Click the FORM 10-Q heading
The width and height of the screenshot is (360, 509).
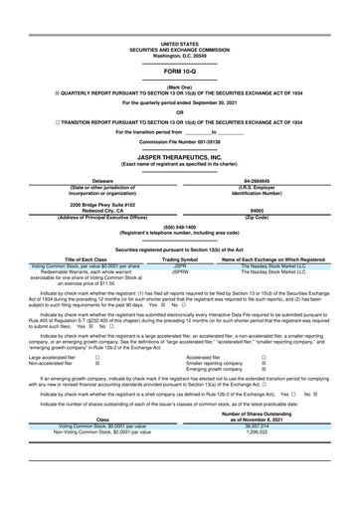click(x=180, y=73)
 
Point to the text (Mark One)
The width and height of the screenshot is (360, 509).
click(x=180, y=86)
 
